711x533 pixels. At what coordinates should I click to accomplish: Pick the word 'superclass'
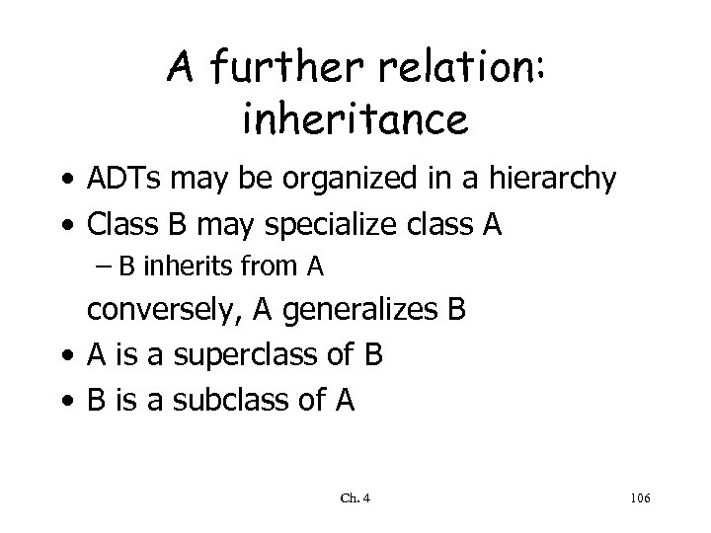[x=230, y=354]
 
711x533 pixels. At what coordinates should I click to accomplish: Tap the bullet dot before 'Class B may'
[x=67, y=227]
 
